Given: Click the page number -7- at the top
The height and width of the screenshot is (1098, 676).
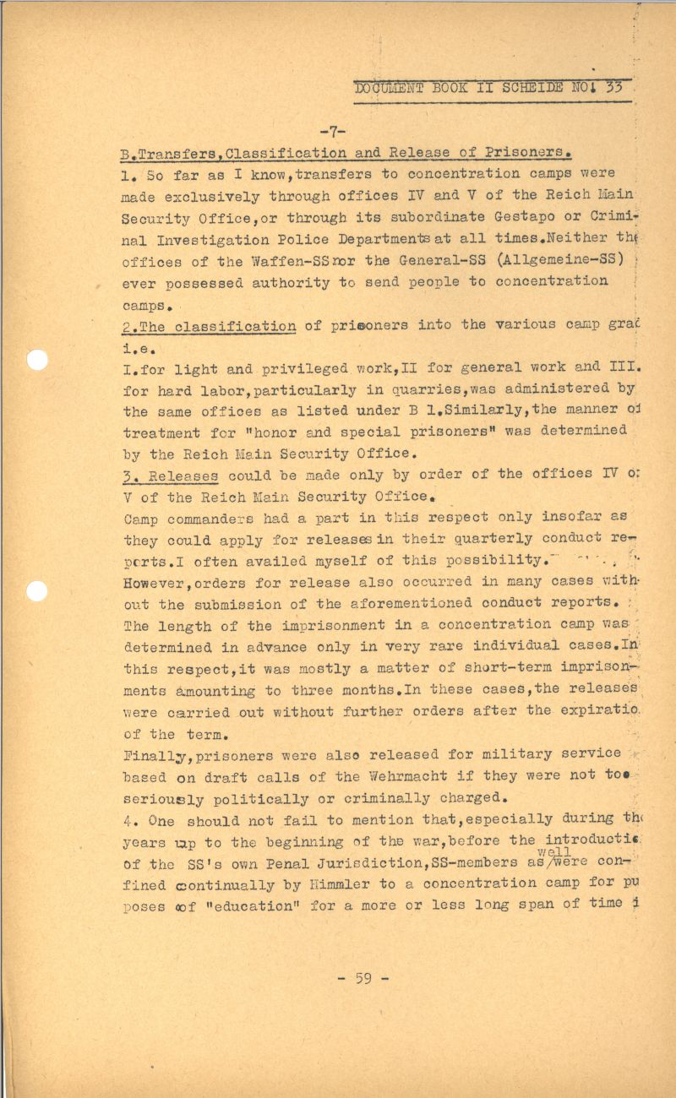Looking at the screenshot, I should tap(335, 131).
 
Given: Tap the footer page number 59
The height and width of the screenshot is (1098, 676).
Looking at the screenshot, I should tap(363, 979).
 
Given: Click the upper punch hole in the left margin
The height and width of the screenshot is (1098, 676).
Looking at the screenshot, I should tap(38, 360).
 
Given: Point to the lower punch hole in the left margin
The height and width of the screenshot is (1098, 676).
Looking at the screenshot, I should tap(38, 590).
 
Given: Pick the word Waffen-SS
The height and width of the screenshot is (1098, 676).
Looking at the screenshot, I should tap(256, 260).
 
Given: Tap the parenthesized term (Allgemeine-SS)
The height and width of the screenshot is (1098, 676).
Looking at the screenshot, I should tap(550, 260).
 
